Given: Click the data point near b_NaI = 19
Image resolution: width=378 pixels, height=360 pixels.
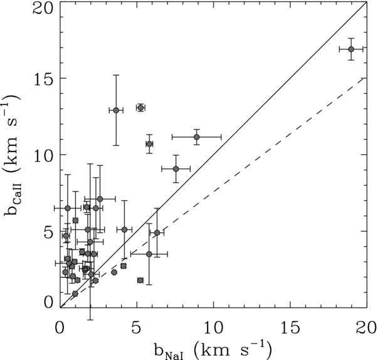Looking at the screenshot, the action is pyautogui.click(x=351, y=49).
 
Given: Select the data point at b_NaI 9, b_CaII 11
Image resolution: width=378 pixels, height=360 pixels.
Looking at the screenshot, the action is pyautogui.click(x=197, y=137).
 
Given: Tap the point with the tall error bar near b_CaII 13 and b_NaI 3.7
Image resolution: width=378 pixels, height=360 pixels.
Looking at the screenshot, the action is pyautogui.click(x=116, y=110).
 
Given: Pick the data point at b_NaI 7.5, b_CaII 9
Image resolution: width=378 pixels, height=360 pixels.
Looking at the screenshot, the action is pyautogui.click(x=176, y=169).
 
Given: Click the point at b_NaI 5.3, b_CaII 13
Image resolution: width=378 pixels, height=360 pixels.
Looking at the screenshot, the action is pyautogui.click(x=140, y=108).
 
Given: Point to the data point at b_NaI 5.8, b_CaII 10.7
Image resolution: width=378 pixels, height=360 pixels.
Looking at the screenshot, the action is pyautogui.click(x=149, y=144).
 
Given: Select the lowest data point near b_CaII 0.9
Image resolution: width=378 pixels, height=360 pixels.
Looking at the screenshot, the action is pyautogui.click(x=75, y=294).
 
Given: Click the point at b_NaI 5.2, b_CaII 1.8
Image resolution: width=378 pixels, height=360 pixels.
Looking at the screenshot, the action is pyautogui.click(x=140, y=280).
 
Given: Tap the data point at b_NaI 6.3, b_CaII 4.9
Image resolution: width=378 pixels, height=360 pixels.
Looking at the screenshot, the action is pyautogui.click(x=157, y=233).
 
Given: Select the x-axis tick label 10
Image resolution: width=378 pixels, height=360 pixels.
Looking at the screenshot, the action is pyautogui.click(x=213, y=328).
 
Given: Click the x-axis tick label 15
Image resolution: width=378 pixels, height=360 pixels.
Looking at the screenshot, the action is pyautogui.click(x=290, y=328).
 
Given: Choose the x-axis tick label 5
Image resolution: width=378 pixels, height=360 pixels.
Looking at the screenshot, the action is pyautogui.click(x=137, y=328).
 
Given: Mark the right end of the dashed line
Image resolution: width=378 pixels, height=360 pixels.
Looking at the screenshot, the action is pyautogui.click(x=367, y=78).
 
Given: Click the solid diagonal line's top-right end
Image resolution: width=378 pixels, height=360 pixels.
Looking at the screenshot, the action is pyautogui.click(x=367, y=2).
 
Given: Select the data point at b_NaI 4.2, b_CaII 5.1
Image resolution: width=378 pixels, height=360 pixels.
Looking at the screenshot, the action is pyautogui.click(x=124, y=230).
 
